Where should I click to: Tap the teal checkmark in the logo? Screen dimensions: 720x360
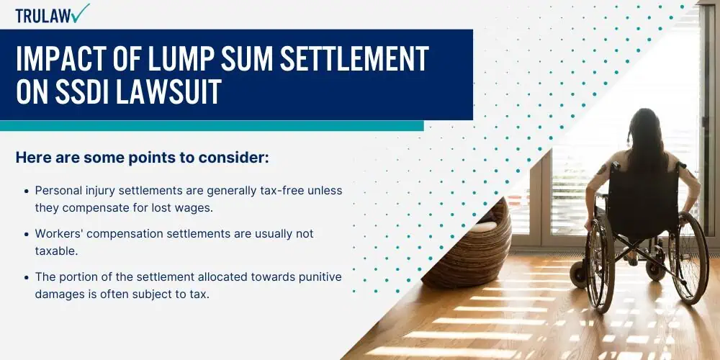(x=81, y=13)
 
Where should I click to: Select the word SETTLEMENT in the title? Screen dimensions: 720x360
(x=354, y=60)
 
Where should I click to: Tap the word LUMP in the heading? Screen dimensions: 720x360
(x=174, y=60)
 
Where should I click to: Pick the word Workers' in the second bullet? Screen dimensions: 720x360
(x=55, y=234)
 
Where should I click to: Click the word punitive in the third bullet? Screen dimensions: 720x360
(x=320, y=277)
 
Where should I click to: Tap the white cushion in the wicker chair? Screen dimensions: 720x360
(x=482, y=226)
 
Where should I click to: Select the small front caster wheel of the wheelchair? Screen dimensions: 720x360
(x=577, y=274)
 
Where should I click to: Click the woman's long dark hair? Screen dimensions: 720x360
(x=646, y=140)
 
